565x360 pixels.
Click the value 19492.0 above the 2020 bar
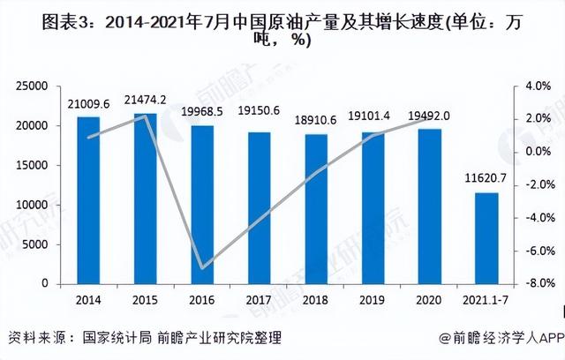pyautogui.click(x=430, y=115)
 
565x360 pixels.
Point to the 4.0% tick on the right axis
pyautogui.click(x=537, y=86)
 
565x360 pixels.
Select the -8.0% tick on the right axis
pyautogui.click(x=535, y=284)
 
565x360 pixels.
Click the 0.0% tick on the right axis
pyautogui.click(x=537, y=152)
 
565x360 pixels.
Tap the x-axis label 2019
pyautogui.click(x=373, y=300)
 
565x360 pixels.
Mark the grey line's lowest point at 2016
pyautogui.click(x=203, y=267)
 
